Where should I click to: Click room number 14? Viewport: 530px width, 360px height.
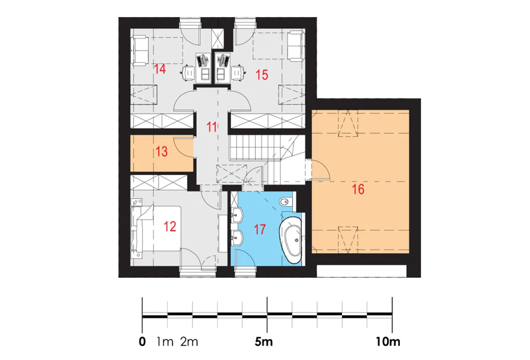point(160,69)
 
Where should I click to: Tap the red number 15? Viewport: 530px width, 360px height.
point(262,75)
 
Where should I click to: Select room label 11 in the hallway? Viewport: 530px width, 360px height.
point(212,127)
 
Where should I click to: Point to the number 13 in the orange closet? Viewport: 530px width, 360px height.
point(161,151)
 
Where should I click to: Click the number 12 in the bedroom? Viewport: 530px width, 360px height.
point(170,227)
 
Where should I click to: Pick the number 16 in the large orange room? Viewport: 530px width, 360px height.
point(358,190)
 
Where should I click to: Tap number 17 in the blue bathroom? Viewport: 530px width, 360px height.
point(260,229)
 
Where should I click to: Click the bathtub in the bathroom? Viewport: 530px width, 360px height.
point(291,240)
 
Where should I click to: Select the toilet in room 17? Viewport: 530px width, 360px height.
point(286,202)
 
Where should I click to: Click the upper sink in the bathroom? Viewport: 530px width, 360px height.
point(236,215)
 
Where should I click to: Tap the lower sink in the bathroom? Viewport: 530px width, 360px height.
point(236,238)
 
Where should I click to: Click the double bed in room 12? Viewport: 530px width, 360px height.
point(156,229)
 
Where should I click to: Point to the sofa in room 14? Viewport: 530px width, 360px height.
point(140,50)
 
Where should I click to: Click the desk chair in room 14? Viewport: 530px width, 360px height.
point(188,73)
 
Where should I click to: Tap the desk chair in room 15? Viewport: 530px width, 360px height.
point(238,72)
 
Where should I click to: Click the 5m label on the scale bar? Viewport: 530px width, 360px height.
point(264,342)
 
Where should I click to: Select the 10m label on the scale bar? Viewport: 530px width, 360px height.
point(388,342)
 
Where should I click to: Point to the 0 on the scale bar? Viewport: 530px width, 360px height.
point(142,342)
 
